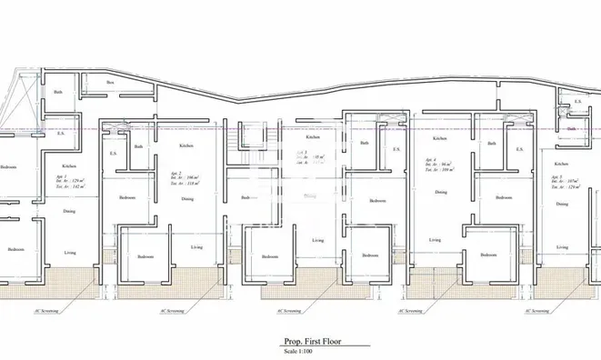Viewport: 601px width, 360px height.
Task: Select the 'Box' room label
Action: pyautogui.click(x=110, y=83)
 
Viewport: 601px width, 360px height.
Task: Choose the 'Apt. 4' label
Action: pyautogui.click(x=431, y=158)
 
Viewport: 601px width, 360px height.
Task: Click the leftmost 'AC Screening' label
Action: pyautogui.click(x=47, y=310)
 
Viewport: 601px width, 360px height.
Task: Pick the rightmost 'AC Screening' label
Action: pyautogui.click(x=536, y=310)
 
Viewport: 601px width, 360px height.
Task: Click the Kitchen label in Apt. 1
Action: pyautogui.click(x=68, y=166)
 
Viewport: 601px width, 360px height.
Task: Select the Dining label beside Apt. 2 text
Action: pyautogui.click(x=187, y=198)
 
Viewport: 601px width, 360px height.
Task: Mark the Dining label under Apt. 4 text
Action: pyautogui.click(x=440, y=192)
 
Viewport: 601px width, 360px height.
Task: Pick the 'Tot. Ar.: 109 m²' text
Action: pyautogui.click(x=440, y=170)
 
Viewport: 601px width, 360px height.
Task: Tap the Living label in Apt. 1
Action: pyautogui.click(x=69, y=252)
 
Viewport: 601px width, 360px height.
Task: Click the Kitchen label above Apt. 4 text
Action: pyautogui.click(x=440, y=138)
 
